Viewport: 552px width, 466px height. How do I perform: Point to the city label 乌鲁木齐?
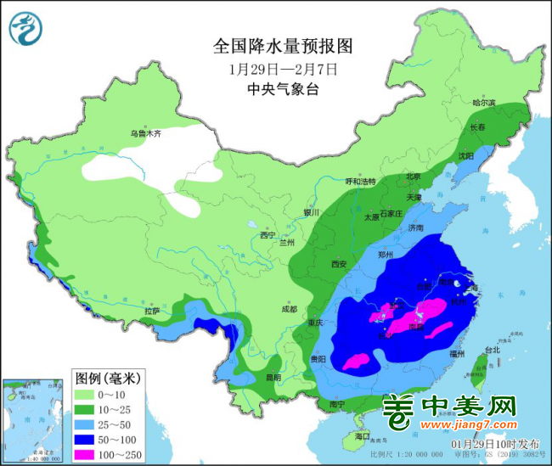click(145, 133)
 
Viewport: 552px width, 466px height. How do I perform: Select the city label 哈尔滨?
click(483, 103)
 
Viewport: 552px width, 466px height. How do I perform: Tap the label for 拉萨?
click(152, 311)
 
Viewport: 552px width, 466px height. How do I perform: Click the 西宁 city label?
click(268, 234)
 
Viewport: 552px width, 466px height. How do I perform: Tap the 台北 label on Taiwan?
click(493, 349)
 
